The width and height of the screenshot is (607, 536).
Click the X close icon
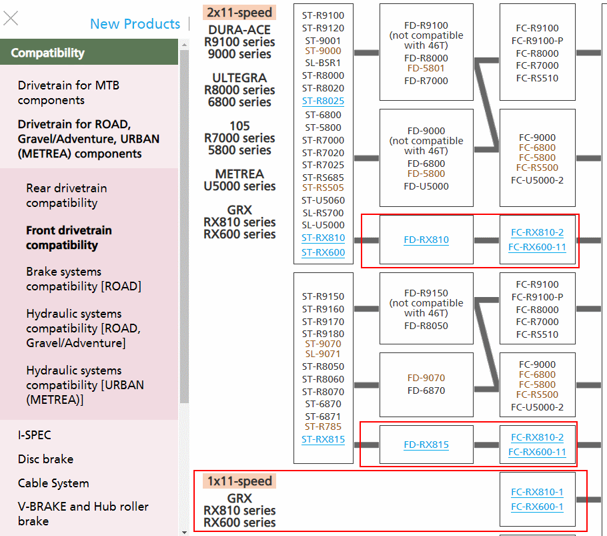point(11,18)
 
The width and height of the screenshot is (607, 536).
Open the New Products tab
point(135,24)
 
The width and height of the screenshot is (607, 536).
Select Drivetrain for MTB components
point(69,93)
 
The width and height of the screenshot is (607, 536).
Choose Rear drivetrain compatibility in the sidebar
point(66,196)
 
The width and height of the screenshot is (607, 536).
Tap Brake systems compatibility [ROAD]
point(83,279)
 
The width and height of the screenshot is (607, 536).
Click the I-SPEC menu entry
point(35,435)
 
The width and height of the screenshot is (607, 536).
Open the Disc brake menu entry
point(45,459)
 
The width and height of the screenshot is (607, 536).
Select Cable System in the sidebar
point(53,483)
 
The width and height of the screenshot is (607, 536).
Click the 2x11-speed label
point(239,13)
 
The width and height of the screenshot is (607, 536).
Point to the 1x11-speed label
point(239,481)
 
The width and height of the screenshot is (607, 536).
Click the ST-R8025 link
point(323,101)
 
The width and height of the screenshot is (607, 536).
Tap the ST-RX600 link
point(323,252)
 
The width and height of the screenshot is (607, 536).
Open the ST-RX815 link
point(323,440)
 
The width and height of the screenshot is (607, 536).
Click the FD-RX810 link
point(426,240)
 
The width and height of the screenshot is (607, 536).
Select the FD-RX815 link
point(426,445)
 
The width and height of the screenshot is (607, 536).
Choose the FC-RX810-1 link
point(537,493)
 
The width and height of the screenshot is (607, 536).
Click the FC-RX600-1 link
point(537,507)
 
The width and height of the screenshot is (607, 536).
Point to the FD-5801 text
point(426,68)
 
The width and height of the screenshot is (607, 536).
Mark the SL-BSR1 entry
point(323,63)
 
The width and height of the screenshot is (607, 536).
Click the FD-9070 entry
point(426,378)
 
